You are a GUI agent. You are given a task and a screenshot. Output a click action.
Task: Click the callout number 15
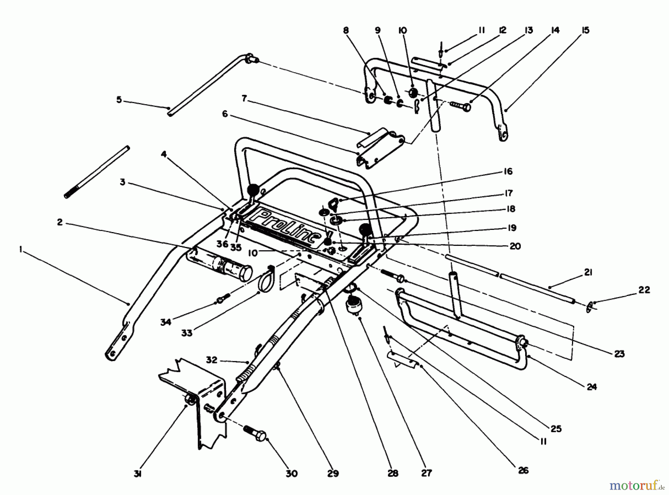click(585, 30)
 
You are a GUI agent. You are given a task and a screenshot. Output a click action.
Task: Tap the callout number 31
click(138, 474)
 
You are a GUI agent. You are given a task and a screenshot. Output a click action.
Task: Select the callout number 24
click(591, 387)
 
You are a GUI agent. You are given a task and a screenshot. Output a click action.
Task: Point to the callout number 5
click(119, 100)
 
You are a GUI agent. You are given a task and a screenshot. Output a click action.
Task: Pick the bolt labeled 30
click(255, 433)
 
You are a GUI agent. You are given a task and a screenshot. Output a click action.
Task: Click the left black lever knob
click(253, 190)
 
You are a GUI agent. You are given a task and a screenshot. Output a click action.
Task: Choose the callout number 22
click(644, 290)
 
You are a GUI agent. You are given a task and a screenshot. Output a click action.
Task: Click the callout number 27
click(426, 473)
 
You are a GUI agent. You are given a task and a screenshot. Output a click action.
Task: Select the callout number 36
click(222, 244)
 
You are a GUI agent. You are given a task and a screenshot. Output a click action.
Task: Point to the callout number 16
click(508, 171)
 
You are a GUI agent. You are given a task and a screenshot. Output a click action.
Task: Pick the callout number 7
click(244, 99)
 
